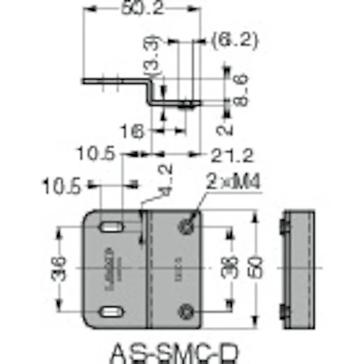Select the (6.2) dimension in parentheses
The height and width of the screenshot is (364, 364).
coord(235,39)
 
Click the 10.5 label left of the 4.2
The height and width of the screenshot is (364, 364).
coord(61,187)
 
